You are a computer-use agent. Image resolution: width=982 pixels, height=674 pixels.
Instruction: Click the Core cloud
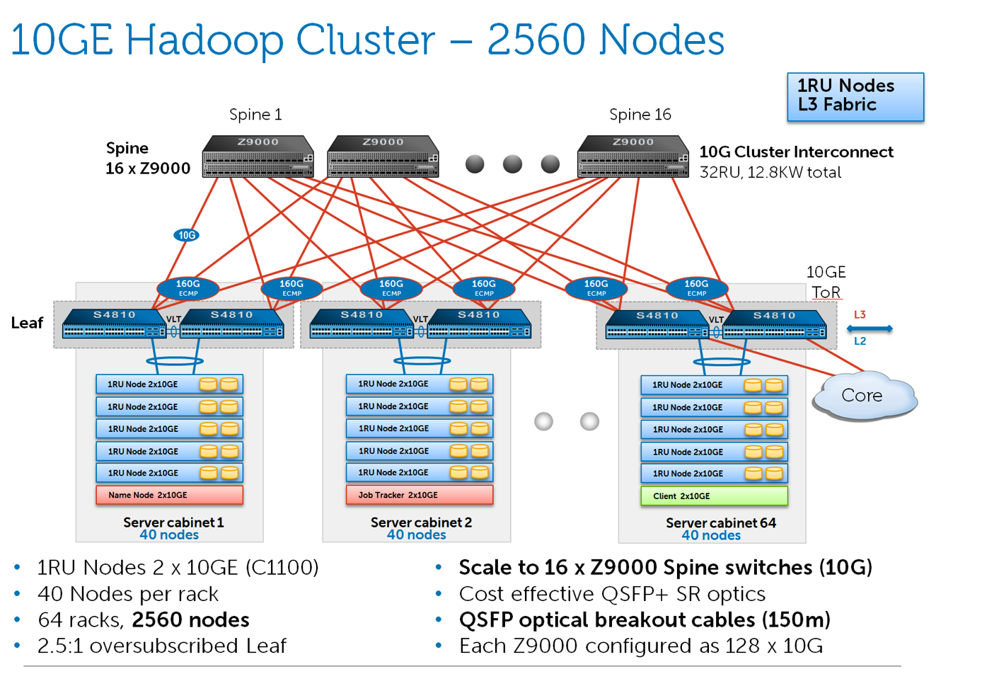click(864, 396)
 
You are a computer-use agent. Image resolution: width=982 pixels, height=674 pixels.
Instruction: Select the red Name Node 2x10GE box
click(169, 495)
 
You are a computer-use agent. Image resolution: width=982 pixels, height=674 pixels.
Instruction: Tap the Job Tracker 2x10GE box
click(419, 495)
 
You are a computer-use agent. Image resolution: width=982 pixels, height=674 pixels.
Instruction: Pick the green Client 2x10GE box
click(714, 496)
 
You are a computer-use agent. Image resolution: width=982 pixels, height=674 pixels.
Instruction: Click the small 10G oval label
click(186, 235)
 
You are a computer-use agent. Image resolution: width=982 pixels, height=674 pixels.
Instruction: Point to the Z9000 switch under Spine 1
click(258, 156)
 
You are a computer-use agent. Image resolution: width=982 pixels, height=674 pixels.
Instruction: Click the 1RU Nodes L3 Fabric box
click(855, 96)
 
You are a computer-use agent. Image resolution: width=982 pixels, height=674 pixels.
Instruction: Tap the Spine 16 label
click(640, 115)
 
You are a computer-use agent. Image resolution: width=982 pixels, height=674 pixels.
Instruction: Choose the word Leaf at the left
click(27, 323)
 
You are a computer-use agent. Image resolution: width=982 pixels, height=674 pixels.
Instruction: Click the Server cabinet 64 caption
click(720, 522)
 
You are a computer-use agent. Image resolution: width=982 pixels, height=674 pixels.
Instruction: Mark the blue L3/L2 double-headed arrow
click(870, 329)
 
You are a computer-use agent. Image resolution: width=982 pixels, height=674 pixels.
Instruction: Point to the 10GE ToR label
click(826, 282)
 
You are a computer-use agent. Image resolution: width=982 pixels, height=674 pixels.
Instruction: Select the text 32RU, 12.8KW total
click(770, 172)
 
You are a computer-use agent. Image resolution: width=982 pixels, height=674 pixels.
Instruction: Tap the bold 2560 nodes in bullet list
click(190, 619)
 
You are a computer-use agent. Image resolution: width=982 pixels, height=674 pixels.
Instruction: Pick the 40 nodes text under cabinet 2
click(416, 535)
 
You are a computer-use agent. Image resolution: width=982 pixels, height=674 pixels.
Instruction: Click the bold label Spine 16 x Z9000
click(147, 158)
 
